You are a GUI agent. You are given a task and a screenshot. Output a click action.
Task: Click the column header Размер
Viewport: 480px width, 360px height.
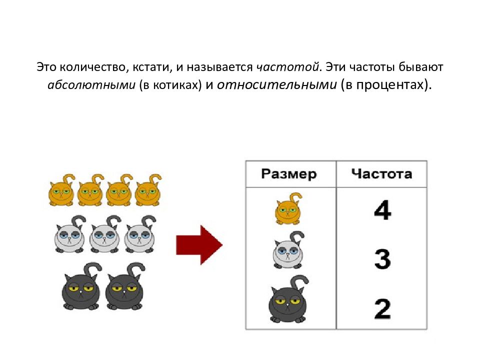(x=289, y=174)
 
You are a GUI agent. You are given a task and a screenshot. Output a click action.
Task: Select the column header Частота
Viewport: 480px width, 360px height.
(x=381, y=173)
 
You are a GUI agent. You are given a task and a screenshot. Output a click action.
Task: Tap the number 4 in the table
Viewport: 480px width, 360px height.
(x=382, y=210)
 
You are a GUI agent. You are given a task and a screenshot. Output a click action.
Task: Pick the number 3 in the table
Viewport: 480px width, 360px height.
(x=382, y=259)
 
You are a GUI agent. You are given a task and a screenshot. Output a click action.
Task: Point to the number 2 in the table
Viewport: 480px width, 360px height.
(x=382, y=309)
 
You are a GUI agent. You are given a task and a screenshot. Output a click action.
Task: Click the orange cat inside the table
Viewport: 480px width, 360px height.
(x=288, y=209)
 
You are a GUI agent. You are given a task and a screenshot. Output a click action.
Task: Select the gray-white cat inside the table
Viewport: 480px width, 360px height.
(x=288, y=250)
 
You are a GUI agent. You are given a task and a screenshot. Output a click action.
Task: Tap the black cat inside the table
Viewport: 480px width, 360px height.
(x=288, y=300)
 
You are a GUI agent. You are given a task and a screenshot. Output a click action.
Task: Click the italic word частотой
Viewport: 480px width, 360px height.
(x=287, y=66)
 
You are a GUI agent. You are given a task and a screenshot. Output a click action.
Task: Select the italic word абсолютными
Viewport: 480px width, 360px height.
(x=91, y=85)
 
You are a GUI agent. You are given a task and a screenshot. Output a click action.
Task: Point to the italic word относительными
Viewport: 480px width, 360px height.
(x=276, y=85)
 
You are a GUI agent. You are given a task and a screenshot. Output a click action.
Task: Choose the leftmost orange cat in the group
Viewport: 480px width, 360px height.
(x=61, y=190)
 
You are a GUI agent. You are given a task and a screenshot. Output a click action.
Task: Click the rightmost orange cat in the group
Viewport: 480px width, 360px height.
(x=148, y=190)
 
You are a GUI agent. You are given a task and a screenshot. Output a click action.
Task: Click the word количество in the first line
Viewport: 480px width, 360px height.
(x=92, y=67)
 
